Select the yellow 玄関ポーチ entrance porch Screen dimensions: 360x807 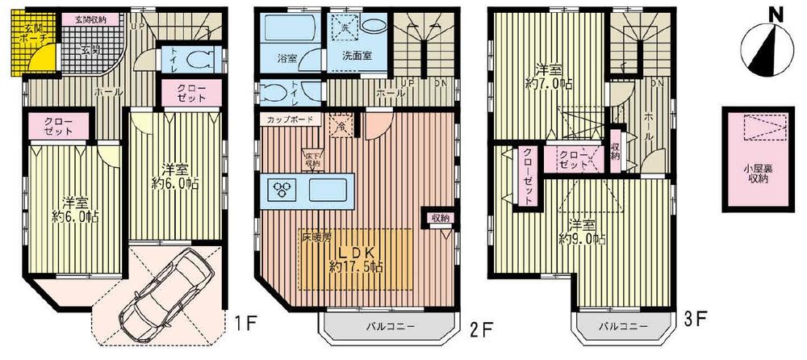[x=30, y=40]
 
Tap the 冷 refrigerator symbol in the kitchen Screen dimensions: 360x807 [x=341, y=126]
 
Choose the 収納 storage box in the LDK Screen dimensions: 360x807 [x=440, y=218]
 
